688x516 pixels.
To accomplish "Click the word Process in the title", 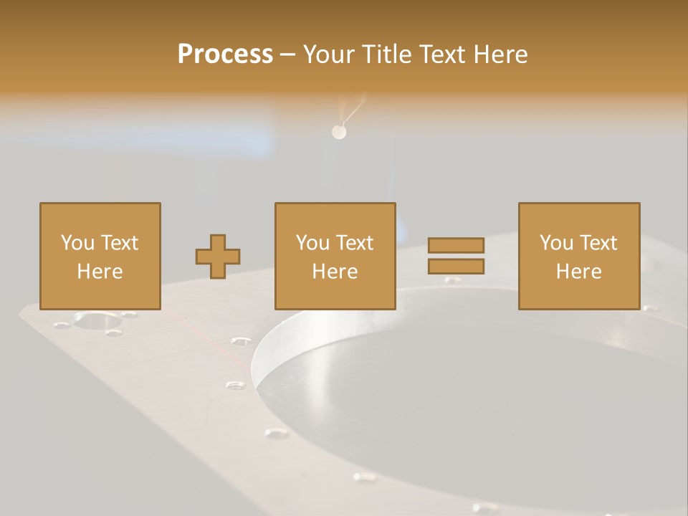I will pyautogui.click(x=225, y=54).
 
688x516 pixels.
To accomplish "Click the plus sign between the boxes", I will pyautogui.click(x=218, y=257).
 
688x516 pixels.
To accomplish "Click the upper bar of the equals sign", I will pyautogui.click(x=456, y=245).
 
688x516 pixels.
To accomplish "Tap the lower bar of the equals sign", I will pyautogui.click(x=456, y=267).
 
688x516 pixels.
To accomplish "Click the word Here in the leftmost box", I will pyautogui.click(x=100, y=272).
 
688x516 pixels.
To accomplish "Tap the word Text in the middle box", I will pyautogui.click(x=354, y=243).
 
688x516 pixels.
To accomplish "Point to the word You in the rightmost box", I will pyautogui.click(x=557, y=243).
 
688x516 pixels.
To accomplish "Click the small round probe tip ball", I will pyautogui.click(x=339, y=132).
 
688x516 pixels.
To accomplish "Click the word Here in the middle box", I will pyautogui.click(x=335, y=272).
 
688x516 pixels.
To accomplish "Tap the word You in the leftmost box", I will pyautogui.click(x=78, y=243).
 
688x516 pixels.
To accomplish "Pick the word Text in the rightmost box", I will pyautogui.click(x=598, y=243).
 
